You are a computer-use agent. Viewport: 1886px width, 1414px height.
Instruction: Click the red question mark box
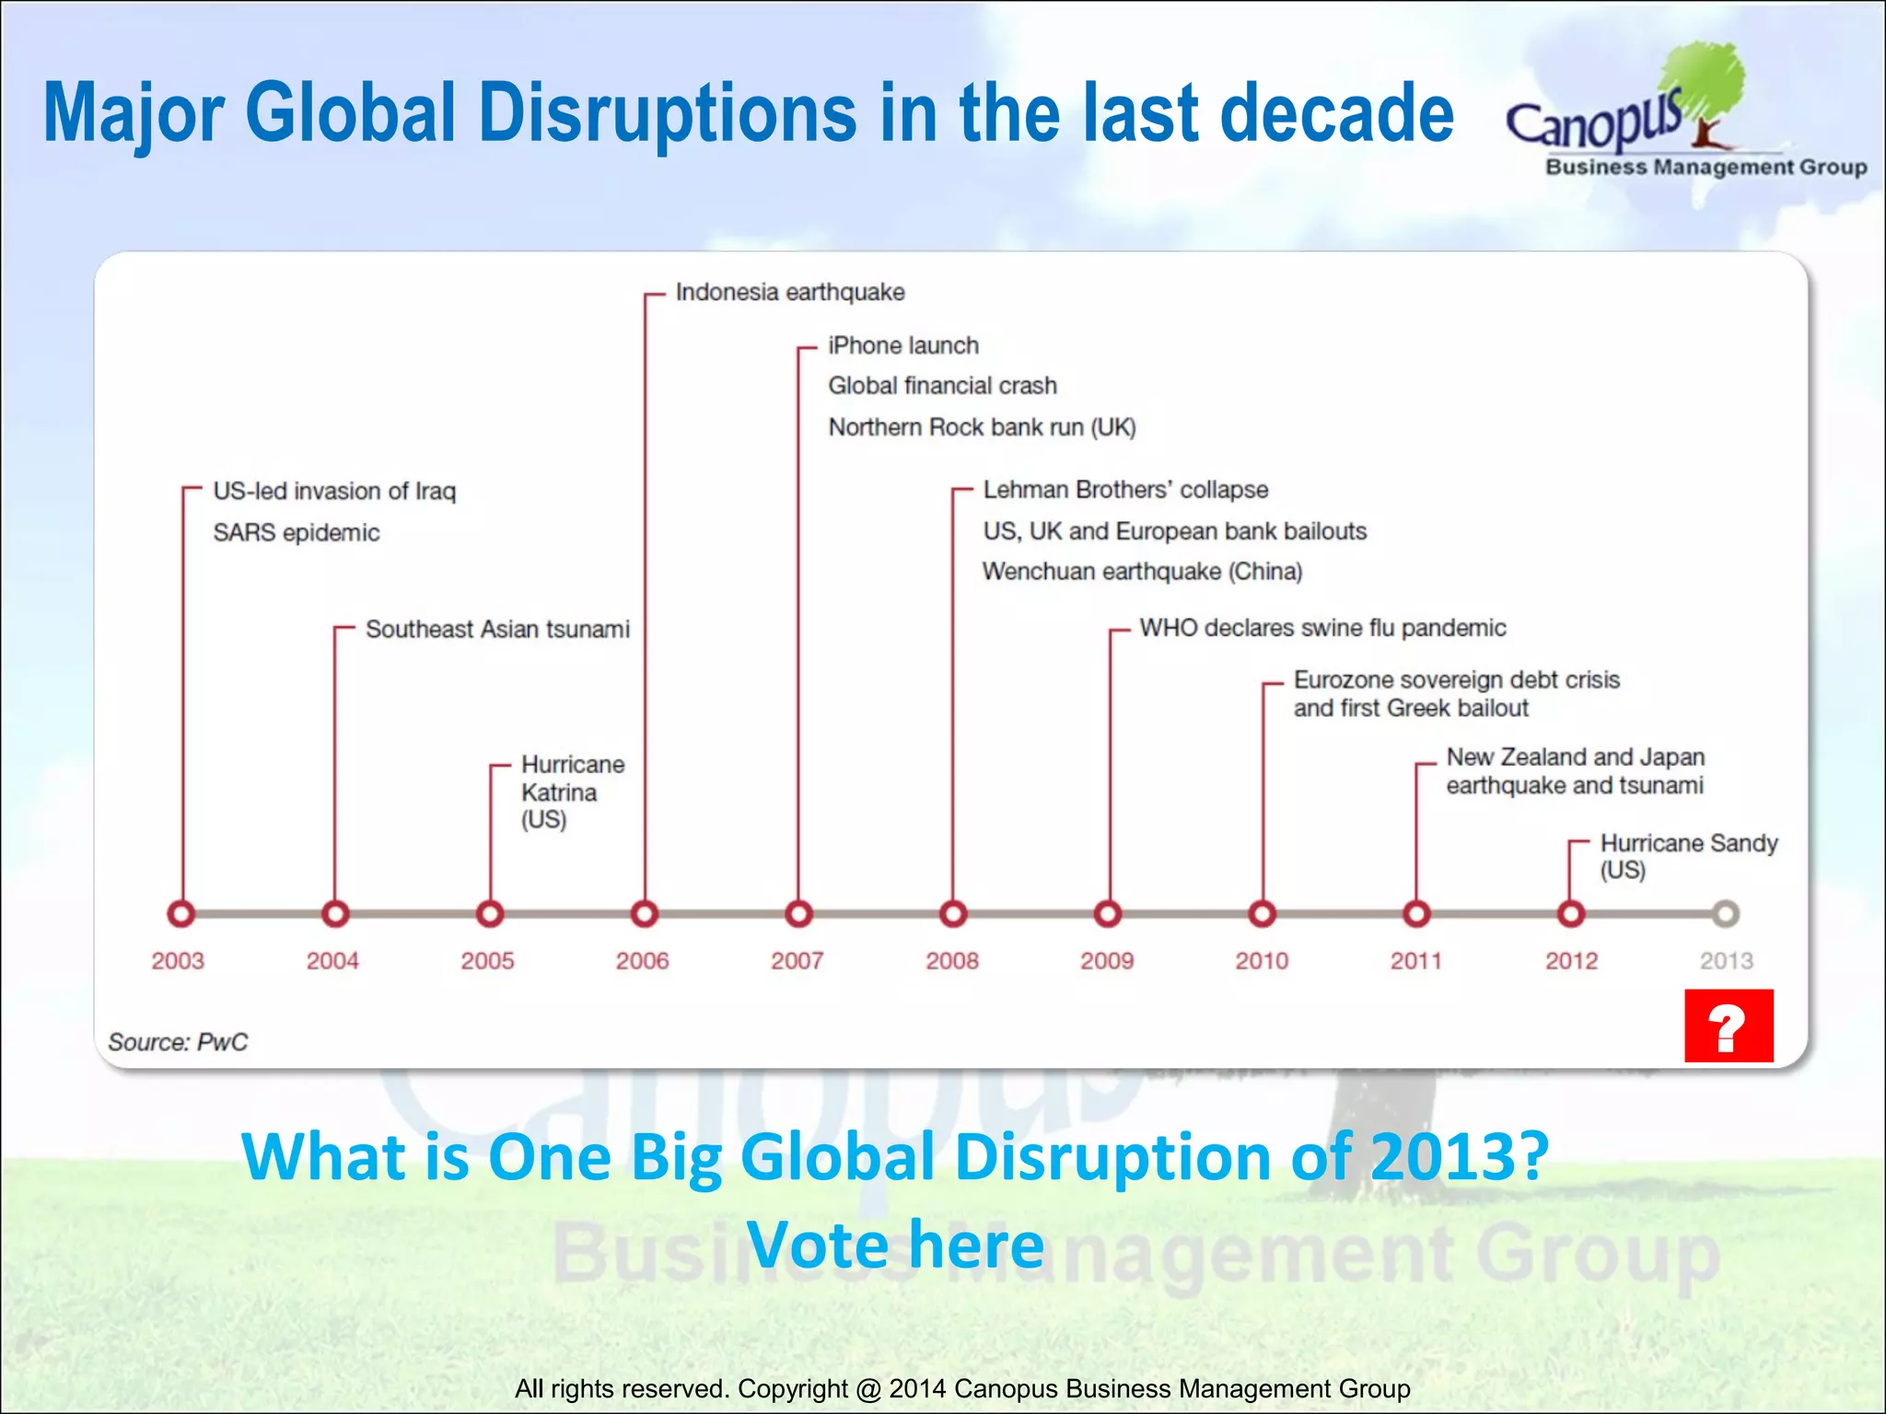(1729, 1026)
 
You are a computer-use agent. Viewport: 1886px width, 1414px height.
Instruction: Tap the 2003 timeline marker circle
(181, 914)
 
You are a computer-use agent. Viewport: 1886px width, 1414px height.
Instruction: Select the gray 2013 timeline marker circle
(1726, 914)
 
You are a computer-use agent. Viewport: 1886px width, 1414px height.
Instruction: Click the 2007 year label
(797, 961)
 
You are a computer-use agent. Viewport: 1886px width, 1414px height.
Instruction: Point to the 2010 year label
(1262, 961)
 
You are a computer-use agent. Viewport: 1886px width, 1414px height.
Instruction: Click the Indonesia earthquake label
(789, 293)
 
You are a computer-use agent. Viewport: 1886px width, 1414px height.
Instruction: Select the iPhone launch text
(902, 346)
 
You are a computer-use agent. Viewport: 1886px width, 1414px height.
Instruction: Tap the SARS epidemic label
(296, 533)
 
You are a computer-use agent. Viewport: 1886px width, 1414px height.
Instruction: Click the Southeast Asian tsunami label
(497, 630)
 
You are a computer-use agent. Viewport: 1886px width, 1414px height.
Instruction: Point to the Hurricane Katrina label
(571, 792)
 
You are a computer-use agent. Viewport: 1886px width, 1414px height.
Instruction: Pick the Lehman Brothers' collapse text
(1124, 490)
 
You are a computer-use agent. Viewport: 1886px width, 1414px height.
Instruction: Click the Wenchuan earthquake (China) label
(1142, 572)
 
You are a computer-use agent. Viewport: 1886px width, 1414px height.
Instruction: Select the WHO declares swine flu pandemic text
(1322, 628)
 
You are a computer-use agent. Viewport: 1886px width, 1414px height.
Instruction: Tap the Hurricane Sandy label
(1687, 855)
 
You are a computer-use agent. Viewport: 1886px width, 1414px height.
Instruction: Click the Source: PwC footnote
(178, 1042)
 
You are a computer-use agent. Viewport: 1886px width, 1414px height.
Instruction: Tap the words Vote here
(895, 1245)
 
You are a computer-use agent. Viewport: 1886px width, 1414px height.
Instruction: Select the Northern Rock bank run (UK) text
(982, 428)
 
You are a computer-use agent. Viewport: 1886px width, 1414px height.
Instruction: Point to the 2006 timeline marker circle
(645, 914)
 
